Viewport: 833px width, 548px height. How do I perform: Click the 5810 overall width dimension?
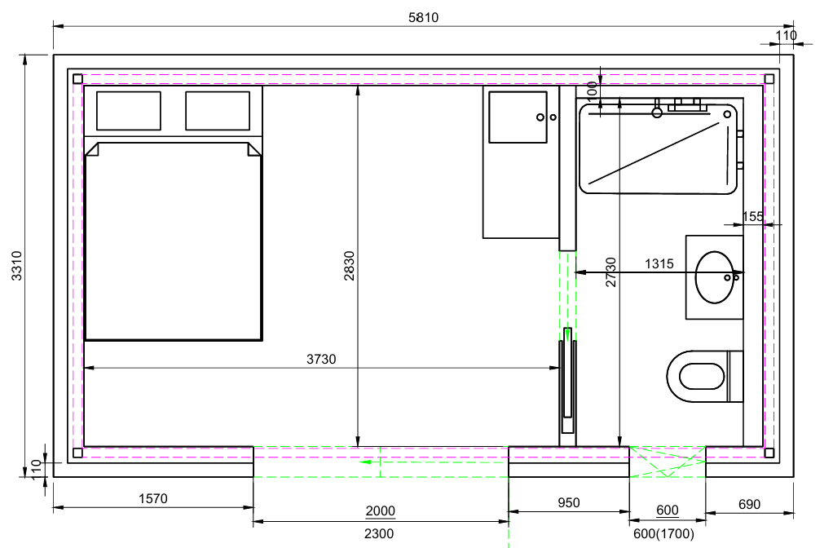coord(423,18)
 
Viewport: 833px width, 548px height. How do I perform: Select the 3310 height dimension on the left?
coord(17,266)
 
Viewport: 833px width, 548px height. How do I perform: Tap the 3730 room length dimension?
coord(321,360)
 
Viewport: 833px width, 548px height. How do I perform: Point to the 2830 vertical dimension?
coord(349,266)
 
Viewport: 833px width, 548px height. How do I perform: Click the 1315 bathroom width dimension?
coord(659,263)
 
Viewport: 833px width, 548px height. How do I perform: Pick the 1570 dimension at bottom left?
coord(153,498)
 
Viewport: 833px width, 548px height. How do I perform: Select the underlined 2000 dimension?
coord(381,510)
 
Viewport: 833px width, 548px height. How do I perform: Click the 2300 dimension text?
coord(379,533)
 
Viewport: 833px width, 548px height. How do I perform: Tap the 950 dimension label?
coord(568,503)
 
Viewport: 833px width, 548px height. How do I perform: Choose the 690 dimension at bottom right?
coord(750,504)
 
